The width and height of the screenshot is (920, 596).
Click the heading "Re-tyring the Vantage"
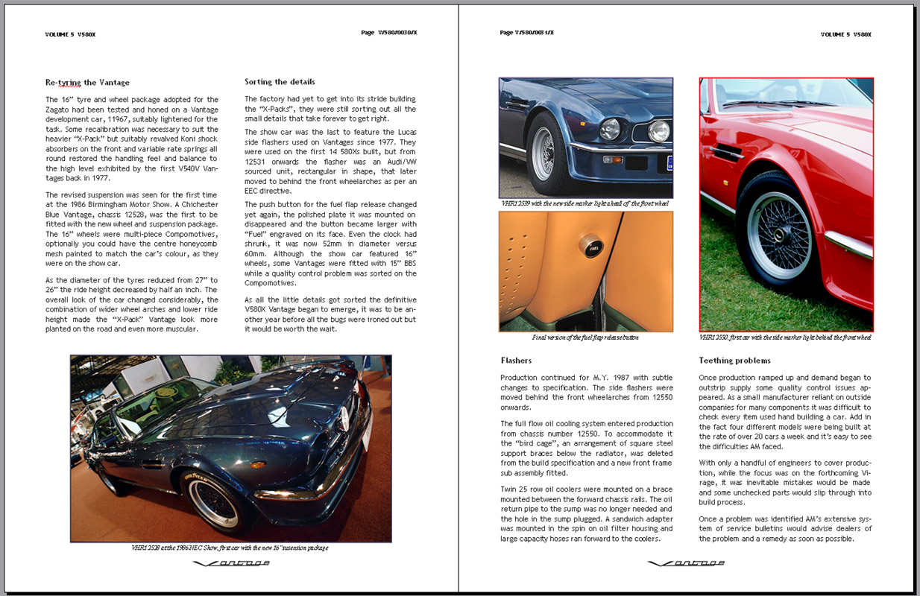click(x=87, y=83)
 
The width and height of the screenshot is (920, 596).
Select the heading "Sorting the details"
click(x=280, y=82)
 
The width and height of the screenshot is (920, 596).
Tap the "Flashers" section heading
click(x=516, y=361)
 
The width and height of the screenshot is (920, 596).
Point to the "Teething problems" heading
click(x=734, y=361)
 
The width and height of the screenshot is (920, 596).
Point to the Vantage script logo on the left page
click(x=231, y=563)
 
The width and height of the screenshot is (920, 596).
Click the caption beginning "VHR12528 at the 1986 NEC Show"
click(x=230, y=548)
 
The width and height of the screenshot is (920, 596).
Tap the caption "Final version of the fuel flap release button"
click(x=585, y=337)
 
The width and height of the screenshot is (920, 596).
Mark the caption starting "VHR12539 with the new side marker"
click(x=585, y=203)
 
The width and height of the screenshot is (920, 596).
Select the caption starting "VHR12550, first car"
click(x=785, y=337)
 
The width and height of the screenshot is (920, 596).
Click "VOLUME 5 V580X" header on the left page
click(x=71, y=34)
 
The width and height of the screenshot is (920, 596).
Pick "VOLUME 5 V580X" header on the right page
click(x=845, y=34)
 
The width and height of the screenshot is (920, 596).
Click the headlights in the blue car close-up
click(x=634, y=130)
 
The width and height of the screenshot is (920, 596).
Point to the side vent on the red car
click(x=727, y=153)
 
